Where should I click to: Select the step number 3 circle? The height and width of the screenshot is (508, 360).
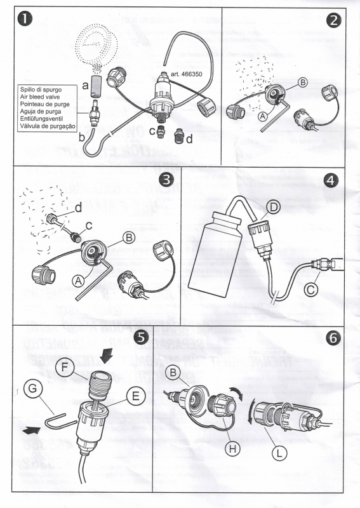click(x=166, y=180)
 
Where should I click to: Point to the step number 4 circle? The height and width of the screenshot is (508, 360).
click(x=332, y=180)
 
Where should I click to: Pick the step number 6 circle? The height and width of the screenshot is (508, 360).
click(x=333, y=338)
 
